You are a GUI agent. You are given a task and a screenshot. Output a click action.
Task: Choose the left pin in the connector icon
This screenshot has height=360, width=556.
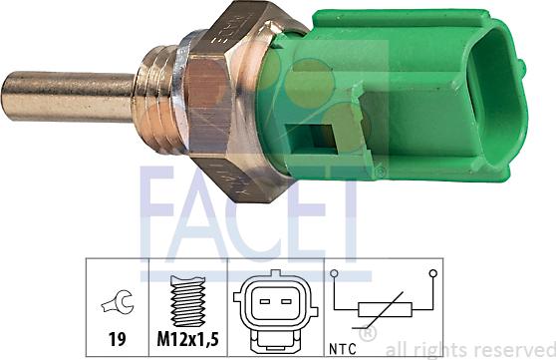(x=262, y=298)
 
